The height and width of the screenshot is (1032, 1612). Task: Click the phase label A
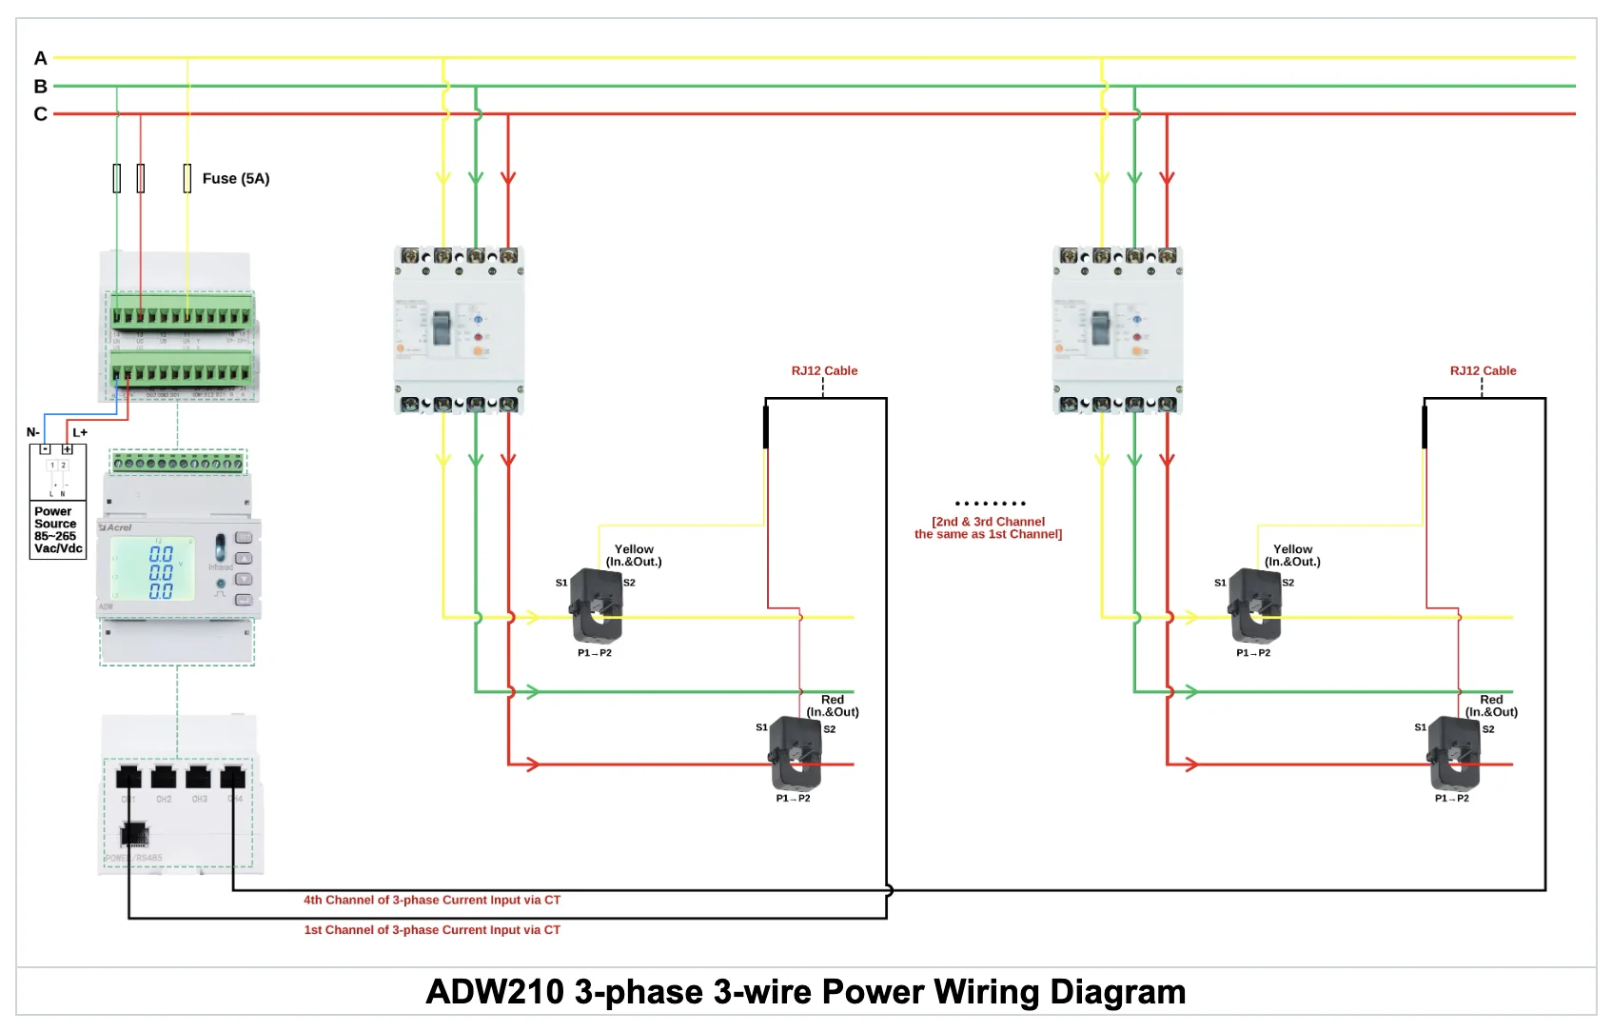tap(40, 58)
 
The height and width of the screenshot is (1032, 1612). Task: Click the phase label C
tap(40, 114)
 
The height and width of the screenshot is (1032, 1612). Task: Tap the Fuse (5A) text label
tap(235, 178)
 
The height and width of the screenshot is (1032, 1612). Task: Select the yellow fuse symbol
tap(187, 178)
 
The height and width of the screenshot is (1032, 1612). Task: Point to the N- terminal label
tap(33, 432)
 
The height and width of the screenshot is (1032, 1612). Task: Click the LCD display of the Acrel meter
tap(153, 570)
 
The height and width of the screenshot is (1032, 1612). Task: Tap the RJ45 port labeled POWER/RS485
tap(134, 835)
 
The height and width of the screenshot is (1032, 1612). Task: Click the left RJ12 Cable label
tap(824, 370)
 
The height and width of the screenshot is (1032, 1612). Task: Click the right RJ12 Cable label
tap(1483, 370)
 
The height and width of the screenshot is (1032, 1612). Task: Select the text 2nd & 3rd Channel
tap(988, 522)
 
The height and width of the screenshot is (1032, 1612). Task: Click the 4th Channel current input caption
tap(431, 900)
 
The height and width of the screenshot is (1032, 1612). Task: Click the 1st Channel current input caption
tap(431, 930)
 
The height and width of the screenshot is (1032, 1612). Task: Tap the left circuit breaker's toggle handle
tap(442, 327)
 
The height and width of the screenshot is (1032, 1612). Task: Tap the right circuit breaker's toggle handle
tap(1101, 327)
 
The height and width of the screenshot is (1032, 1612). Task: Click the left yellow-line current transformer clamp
tap(597, 607)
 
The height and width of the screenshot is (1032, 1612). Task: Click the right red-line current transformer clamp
tap(1453, 752)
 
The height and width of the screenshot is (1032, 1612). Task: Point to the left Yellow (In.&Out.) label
tap(634, 555)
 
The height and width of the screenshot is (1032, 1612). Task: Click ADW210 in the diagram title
tap(495, 992)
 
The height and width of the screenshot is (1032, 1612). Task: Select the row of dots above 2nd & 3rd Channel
tap(990, 504)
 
